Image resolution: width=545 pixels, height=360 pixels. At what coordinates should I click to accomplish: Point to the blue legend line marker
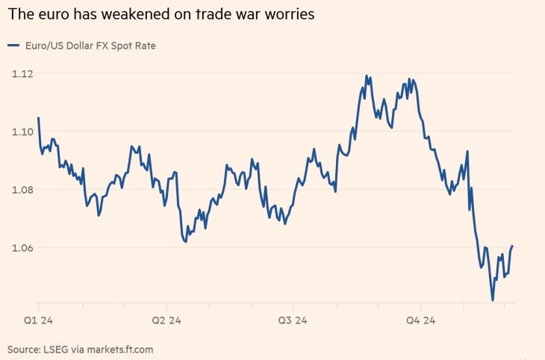(x=13, y=46)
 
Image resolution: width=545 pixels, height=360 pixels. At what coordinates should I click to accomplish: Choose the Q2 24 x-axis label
(x=166, y=321)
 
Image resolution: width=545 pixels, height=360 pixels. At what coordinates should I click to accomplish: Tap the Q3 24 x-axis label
(x=293, y=321)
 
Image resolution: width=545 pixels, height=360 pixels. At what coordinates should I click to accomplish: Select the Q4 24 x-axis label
(x=420, y=321)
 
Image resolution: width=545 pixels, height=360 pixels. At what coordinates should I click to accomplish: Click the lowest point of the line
(x=493, y=300)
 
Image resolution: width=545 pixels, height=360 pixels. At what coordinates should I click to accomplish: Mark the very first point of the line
(x=38, y=118)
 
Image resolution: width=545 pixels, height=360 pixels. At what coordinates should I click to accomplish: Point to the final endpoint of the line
(x=512, y=246)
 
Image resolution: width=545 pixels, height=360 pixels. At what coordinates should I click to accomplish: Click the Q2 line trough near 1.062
(x=185, y=242)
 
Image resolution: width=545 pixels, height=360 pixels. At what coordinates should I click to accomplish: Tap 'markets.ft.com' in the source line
(x=122, y=349)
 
